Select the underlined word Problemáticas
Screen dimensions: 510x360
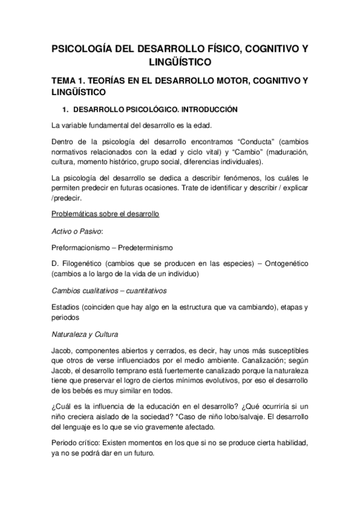(x=76, y=214)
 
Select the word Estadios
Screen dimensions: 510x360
(x=66, y=307)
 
